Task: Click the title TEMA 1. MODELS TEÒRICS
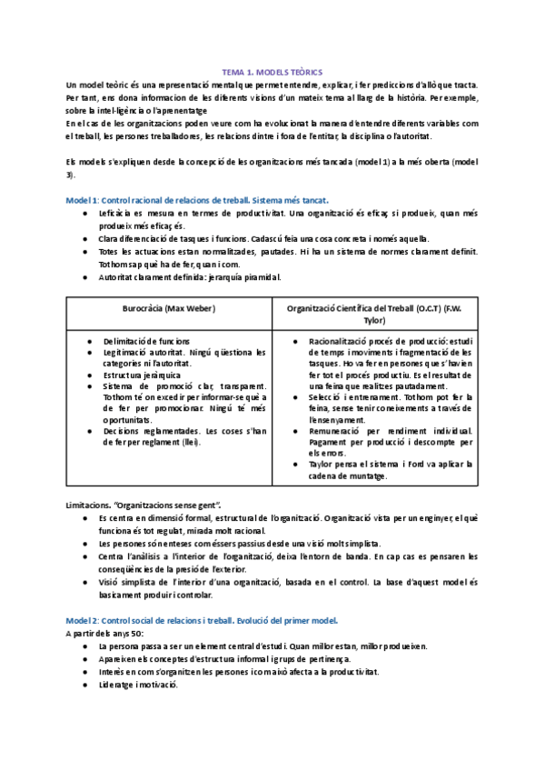pyautogui.click(x=272, y=71)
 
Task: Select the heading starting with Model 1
pyautogui.click(x=198, y=199)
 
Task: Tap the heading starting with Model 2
pyautogui.click(x=202, y=619)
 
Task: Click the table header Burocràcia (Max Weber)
pyautogui.click(x=168, y=308)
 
